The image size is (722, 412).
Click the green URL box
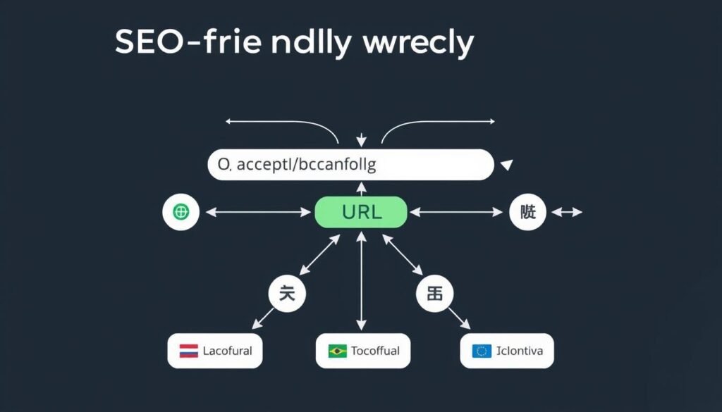pos(360,212)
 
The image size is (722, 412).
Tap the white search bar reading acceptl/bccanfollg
pos(350,165)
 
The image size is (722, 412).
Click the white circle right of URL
pos(527,211)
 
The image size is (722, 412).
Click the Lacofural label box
pos(215,351)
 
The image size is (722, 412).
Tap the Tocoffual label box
pos(362,351)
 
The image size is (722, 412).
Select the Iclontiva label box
pos(507,351)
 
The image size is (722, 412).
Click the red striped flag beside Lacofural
pos(188,351)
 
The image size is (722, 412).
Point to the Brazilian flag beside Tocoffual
pos(338,351)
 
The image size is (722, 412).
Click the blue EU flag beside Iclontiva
pos(482,351)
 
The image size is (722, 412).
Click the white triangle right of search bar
pos(505,166)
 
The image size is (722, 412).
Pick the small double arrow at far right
pos(567,211)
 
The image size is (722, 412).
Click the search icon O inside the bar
pos(224,166)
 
